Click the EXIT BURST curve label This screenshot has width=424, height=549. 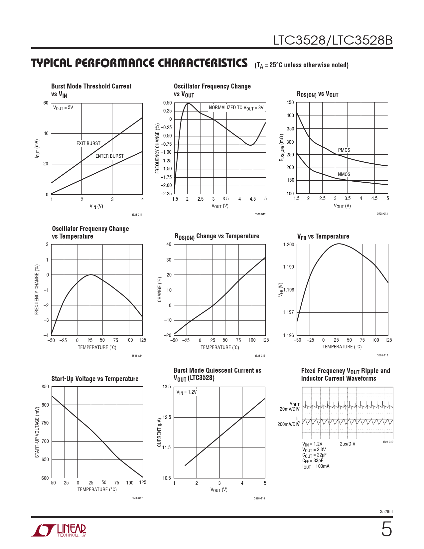[88, 143]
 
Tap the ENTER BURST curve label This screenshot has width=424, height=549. [109, 156]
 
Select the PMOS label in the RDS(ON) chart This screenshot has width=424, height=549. [344, 150]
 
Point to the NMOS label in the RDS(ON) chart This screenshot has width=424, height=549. [344, 174]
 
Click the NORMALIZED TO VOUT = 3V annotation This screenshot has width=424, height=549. [236, 108]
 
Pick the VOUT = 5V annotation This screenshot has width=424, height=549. [63, 108]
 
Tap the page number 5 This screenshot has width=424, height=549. [386, 529]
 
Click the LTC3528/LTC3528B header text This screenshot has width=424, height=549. [333, 40]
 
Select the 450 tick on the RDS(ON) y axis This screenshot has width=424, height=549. [290, 102]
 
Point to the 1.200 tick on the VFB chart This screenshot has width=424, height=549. [289, 245]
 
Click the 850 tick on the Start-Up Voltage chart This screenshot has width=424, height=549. [45, 387]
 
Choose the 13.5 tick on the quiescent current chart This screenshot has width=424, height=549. [167, 387]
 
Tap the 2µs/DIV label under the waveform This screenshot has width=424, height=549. [348, 444]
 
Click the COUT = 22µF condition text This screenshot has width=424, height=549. [314, 455]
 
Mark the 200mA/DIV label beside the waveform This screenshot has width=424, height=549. [288, 424]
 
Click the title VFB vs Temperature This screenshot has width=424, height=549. [323, 237]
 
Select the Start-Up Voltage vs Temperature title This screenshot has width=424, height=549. [95, 379]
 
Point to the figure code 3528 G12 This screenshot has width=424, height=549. [260, 214]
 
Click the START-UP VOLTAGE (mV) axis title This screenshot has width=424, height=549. [37, 432]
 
